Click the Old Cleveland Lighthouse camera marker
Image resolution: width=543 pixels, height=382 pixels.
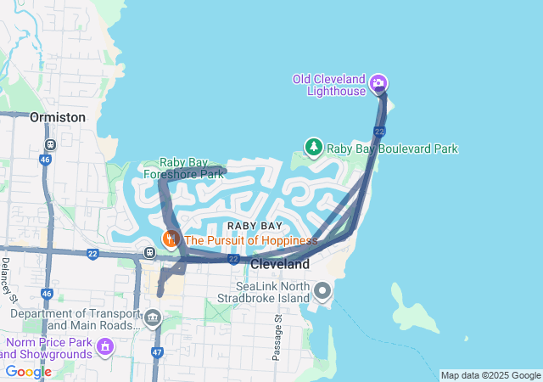click(378, 84)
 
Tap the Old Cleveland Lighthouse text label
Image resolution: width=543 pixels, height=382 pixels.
click(329, 85)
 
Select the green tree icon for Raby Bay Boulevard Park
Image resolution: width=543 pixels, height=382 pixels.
click(314, 148)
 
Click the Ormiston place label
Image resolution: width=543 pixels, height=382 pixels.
click(57, 117)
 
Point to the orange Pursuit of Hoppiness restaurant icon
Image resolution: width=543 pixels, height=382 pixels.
click(171, 239)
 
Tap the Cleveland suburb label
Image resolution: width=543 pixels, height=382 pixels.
click(280, 265)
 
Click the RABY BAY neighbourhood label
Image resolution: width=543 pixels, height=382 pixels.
click(255, 226)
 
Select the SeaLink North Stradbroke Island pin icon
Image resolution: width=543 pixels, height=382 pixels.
click(322, 292)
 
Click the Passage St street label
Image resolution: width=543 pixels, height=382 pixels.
click(277, 338)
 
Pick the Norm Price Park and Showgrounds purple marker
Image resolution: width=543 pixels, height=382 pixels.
click(105, 346)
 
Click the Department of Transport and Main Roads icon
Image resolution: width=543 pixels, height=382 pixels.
click(153, 318)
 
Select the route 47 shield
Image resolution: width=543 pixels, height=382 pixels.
click(157, 351)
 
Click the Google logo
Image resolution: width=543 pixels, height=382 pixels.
click(28, 372)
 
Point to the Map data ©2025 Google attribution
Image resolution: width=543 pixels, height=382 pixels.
click(490, 375)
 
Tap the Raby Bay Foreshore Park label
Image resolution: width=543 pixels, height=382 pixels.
click(182, 168)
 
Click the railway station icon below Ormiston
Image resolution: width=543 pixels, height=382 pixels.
click(50, 143)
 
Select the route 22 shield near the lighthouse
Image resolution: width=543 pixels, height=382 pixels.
click(379, 132)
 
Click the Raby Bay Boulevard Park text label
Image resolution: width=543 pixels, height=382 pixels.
click(392, 149)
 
